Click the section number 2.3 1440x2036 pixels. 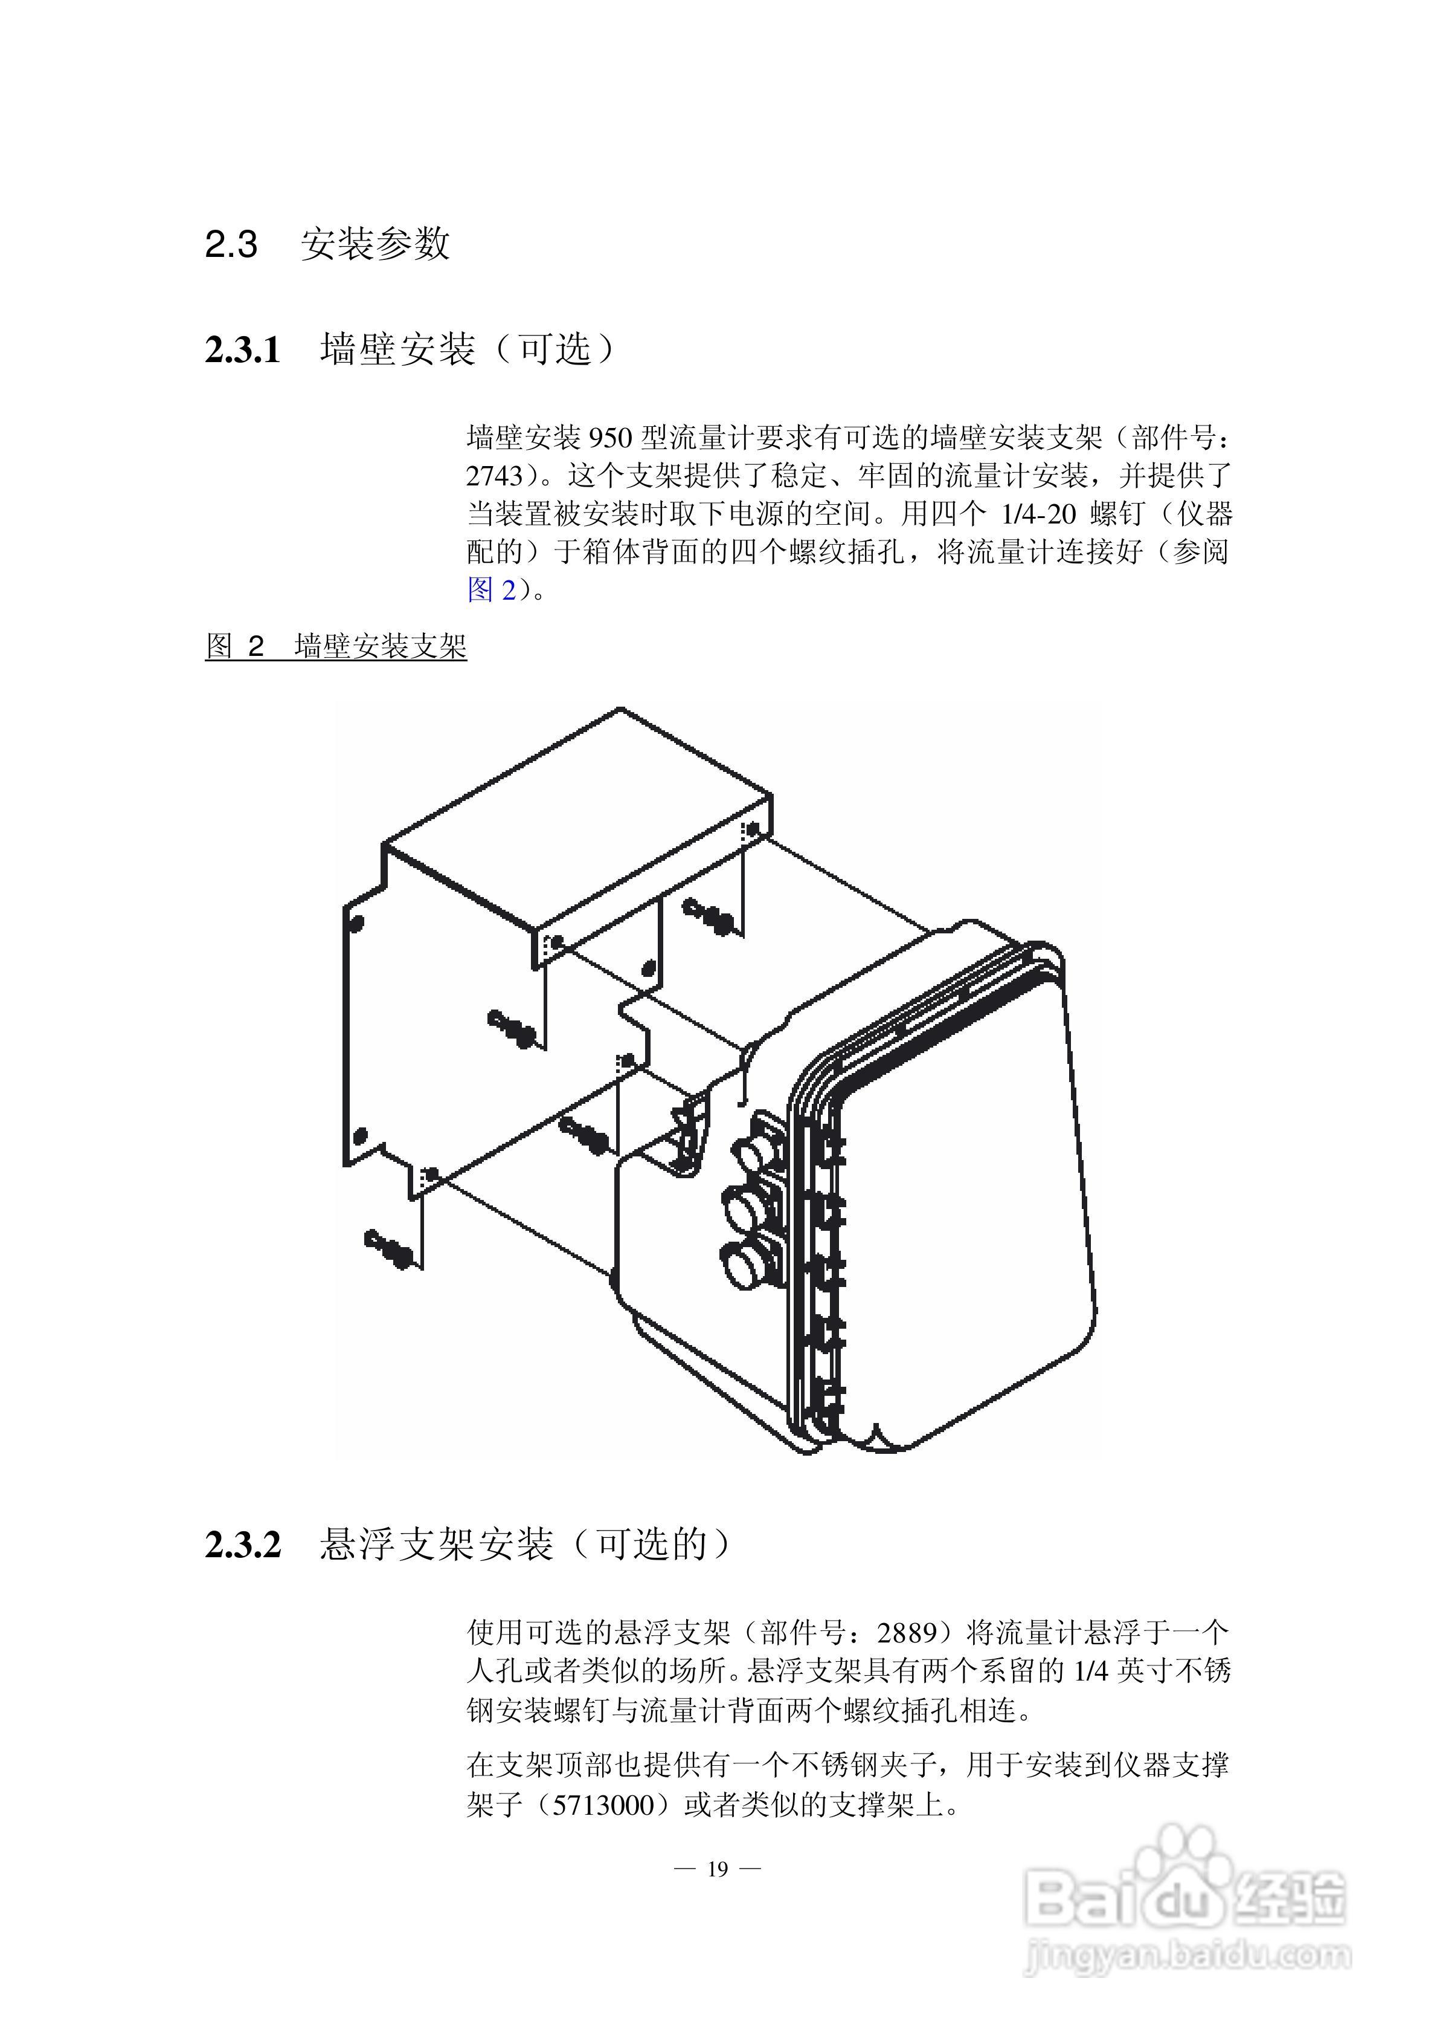click(x=231, y=244)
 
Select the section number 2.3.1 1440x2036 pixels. click(x=242, y=349)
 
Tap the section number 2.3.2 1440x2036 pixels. click(x=242, y=1545)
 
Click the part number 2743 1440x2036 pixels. click(x=495, y=476)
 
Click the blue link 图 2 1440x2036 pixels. click(x=491, y=589)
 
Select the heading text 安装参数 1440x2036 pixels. click(x=375, y=244)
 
